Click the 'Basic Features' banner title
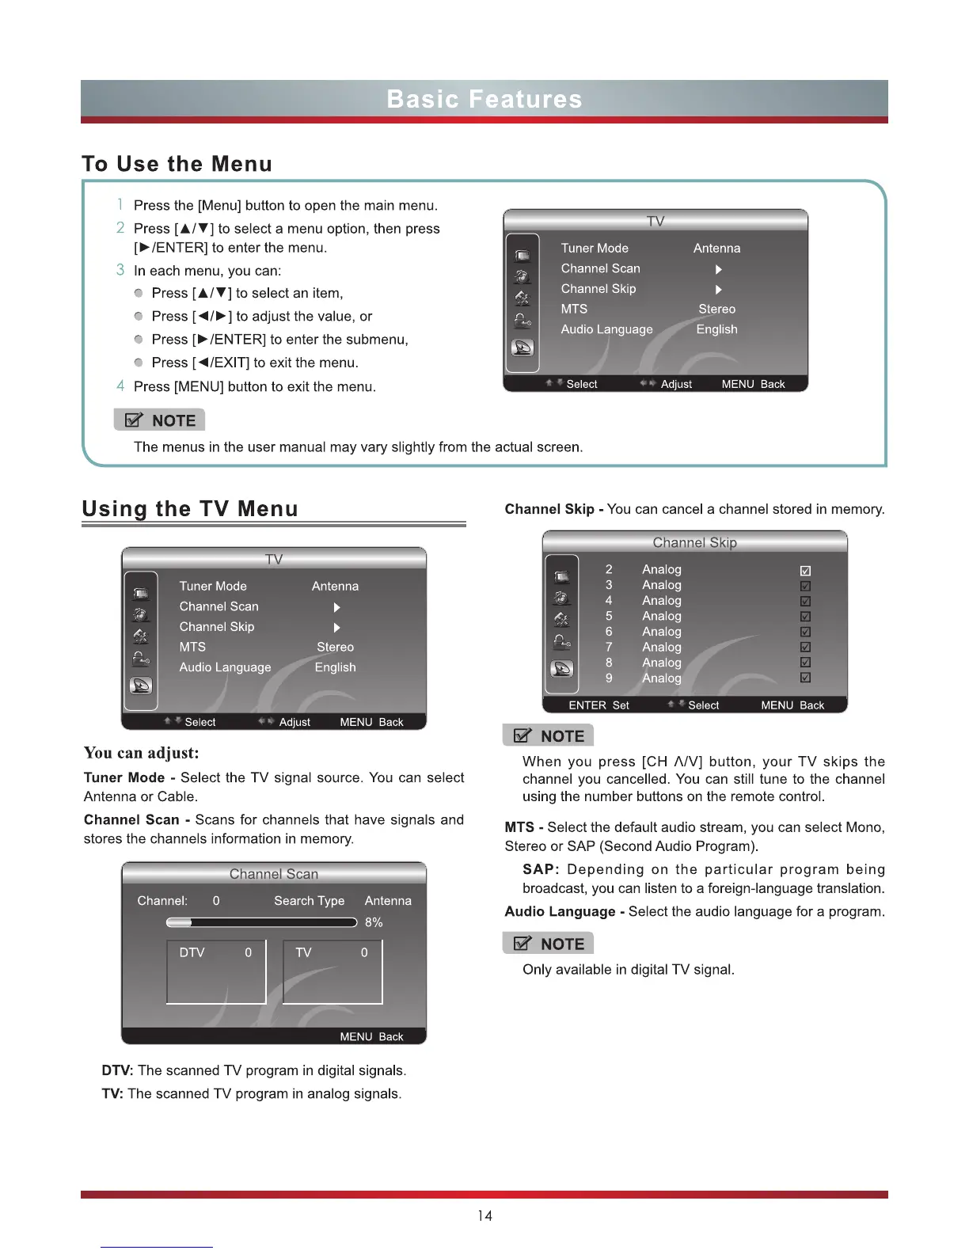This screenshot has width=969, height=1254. coord(484,99)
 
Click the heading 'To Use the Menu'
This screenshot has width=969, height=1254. coord(177,164)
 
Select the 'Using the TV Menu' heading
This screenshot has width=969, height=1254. coord(190,508)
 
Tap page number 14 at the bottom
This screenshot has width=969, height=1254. coord(484,1216)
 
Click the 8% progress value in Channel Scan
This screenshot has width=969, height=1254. coord(374,922)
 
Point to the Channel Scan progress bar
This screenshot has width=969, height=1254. coord(261,922)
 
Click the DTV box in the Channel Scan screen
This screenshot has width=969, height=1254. coord(216,971)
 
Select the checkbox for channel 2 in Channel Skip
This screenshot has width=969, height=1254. coord(805,571)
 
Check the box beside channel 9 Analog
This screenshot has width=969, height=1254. coord(805,678)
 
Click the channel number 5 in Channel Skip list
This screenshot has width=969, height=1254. coord(609,616)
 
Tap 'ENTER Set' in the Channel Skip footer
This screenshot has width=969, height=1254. coord(598,705)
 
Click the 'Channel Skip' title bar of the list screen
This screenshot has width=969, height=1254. coord(694,542)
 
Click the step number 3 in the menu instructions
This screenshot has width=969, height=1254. coord(120,270)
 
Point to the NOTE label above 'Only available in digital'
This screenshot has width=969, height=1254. coord(549,944)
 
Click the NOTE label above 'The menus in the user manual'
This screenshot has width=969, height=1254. coord(160,420)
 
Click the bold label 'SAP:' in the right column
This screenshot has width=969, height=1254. coord(541,869)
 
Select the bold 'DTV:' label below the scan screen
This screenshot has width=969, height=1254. coord(117,1070)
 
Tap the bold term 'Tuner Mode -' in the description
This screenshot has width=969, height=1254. coord(129,777)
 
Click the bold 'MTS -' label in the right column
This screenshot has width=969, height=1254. coord(523,827)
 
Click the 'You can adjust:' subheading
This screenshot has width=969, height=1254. coord(141,752)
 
